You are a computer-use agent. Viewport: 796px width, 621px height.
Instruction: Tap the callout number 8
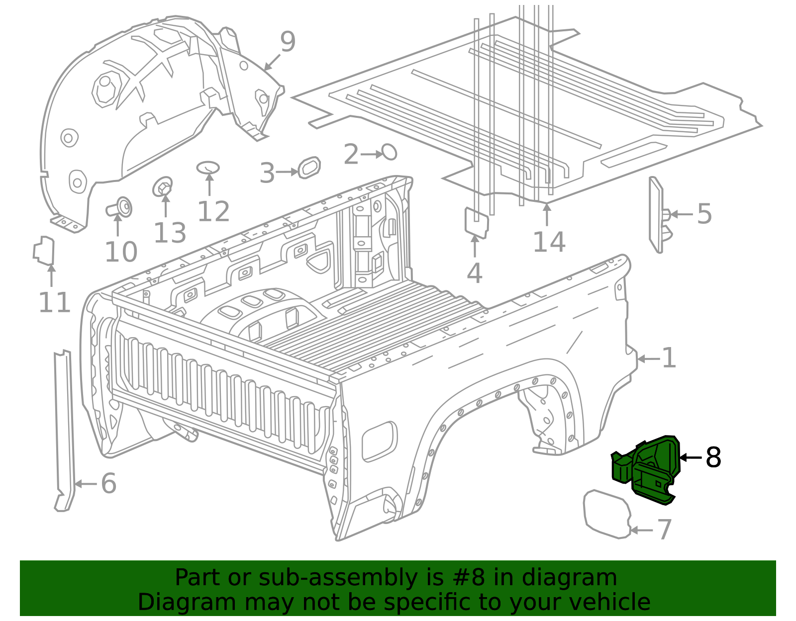713,457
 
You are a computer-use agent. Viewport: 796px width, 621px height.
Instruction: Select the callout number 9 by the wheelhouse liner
288,42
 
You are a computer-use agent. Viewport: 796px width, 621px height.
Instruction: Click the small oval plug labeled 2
389,152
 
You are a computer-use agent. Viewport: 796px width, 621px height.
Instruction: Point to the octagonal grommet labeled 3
309,168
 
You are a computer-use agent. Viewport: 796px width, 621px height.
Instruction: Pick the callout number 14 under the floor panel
549,242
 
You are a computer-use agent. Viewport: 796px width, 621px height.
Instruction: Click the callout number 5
704,214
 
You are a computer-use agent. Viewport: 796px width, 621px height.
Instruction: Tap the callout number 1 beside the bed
669,358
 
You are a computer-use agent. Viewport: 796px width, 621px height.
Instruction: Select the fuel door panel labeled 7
607,514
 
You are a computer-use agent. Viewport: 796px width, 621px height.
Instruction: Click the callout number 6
108,483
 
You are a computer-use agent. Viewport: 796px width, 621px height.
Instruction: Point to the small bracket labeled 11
44,251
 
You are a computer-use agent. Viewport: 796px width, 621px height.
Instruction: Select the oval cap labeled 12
208,168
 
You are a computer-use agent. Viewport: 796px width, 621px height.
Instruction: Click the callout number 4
475,273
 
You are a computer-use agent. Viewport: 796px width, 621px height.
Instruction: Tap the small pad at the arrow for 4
476,223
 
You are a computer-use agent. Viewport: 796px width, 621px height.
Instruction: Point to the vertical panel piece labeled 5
657,215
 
